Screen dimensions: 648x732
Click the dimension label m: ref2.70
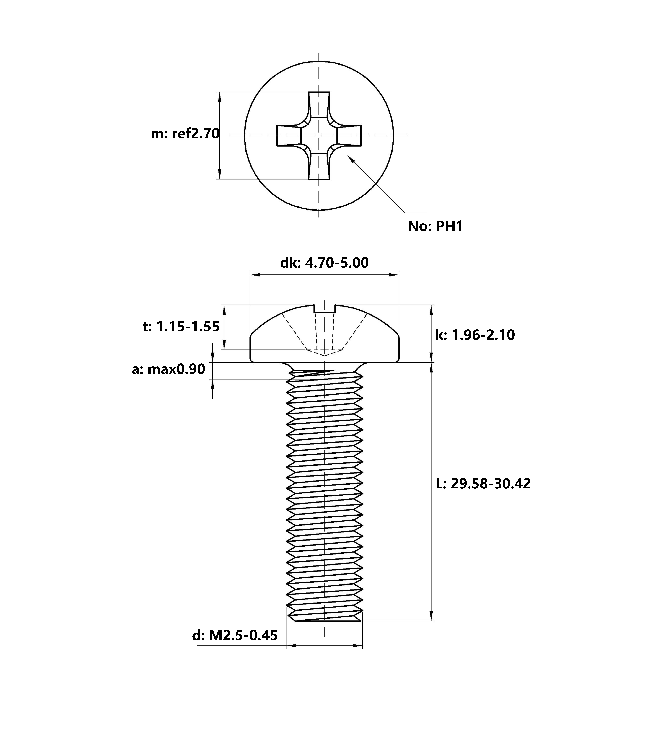(185, 134)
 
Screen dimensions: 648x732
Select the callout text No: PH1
(435, 226)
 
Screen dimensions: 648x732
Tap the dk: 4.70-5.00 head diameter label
(324, 263)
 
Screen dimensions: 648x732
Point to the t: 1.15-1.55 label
(181, 327)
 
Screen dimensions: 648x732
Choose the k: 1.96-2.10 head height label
(475, 335)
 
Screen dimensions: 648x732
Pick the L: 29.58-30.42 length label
(483, 483)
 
